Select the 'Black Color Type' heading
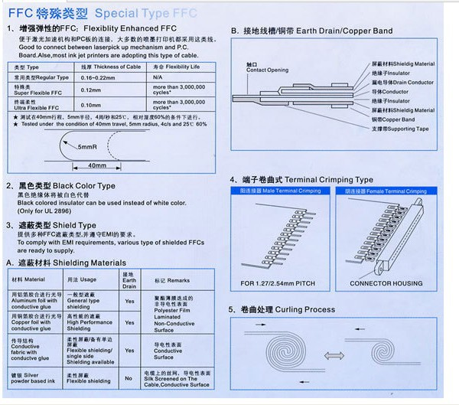tap(76, 186)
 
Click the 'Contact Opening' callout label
tap(267, 70)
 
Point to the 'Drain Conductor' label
tap(402, 82)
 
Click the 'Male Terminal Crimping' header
tap(280, 190)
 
